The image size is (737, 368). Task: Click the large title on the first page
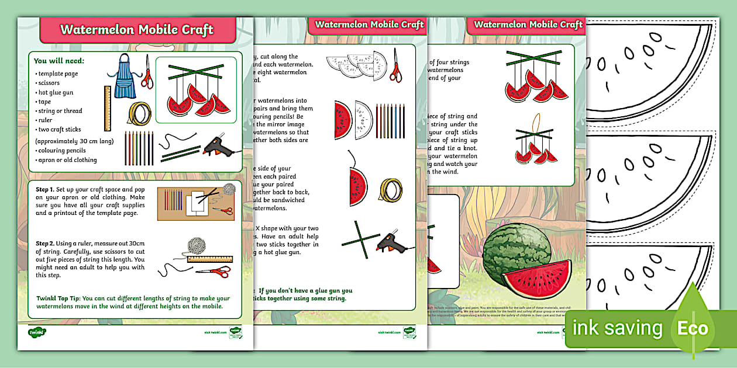pos(137,30)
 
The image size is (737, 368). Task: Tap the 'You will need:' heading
pos(59,61)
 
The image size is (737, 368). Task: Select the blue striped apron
pos(124,76)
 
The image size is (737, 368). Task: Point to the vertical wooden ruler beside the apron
pos(108,109)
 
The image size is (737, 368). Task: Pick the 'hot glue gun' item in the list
pos(56,92)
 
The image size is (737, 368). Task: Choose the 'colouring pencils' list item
pos(61,150)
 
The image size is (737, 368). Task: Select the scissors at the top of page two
pos(396,65)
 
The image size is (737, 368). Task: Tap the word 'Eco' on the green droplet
pos(693,328)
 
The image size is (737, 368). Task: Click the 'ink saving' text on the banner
pos(617,328)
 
